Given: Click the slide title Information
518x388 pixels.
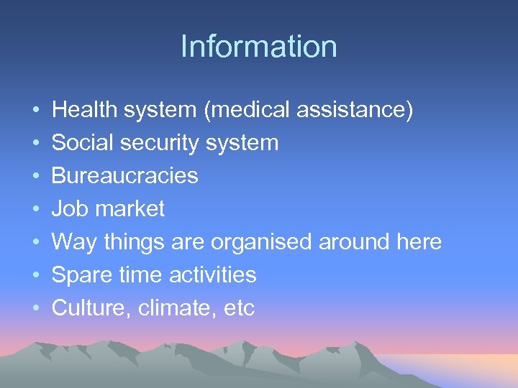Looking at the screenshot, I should pos(259,47).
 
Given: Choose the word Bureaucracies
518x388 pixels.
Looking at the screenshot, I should pos(125,176).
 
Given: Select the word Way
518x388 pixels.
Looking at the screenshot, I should pos(74,242).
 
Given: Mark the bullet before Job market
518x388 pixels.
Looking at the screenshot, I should pos(35,210).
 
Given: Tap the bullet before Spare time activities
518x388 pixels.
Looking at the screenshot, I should pos(35,276).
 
